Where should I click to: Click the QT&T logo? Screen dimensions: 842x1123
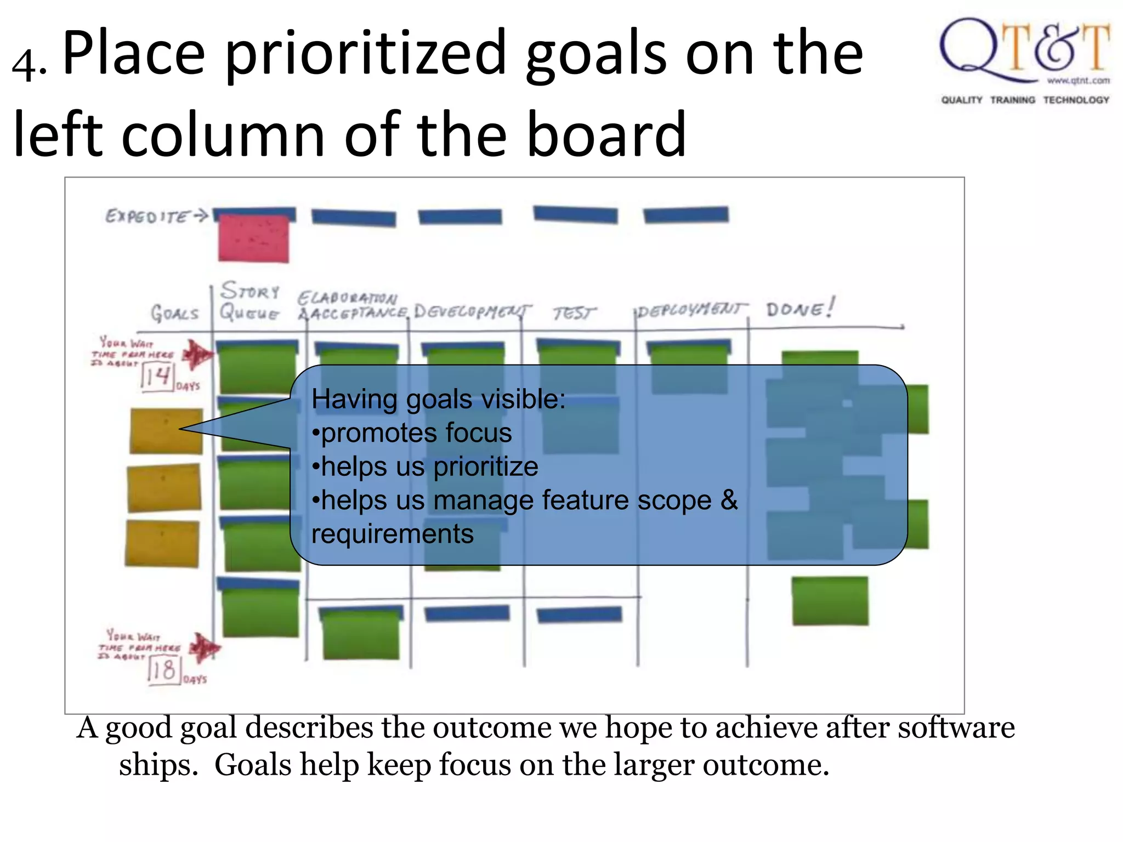click(x=1024, y=60)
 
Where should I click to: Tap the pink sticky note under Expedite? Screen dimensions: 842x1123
click(x=253, y=238)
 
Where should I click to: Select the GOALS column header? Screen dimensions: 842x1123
click(x=174, y=314)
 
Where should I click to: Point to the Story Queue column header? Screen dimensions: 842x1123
click(x=250, y=301)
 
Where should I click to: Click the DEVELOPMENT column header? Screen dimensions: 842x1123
click(x=472, y=312)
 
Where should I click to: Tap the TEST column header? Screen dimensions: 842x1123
click(x=574, y=313)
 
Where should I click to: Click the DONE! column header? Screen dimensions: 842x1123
click(x=800, y=309)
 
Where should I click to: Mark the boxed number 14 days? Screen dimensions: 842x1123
click(x=157, y=377)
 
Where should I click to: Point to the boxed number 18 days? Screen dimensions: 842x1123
click(x=164, y=670)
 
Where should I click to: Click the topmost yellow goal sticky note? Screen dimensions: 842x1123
click(x=166, y=431)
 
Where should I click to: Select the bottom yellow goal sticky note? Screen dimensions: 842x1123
click(x=162, y=543)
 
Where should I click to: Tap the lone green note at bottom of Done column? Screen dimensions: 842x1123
click(x=830, y=601)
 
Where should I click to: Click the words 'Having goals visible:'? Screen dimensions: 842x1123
click(x=438, y=399)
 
